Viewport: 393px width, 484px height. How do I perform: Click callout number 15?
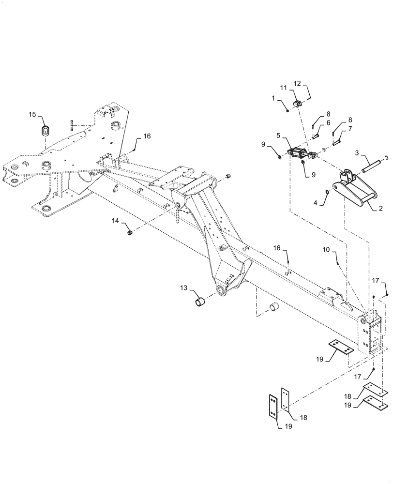pyautogui.click(x=32, y=115)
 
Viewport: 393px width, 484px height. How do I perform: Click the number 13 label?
pyautogui.click(x=184, y=288)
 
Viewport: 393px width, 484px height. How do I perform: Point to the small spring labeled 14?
pyautogui.click(x=130, y=234)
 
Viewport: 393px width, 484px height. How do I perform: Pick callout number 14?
pyautogui.click(x=115, y=221)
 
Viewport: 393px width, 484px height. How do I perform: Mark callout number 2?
pyautogui.click(x=380, y=209)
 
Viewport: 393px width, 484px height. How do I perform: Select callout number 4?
pyautogui.click(x=316, y=203)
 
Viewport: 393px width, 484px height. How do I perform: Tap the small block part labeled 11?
pyautogui.click(x=299, y=103)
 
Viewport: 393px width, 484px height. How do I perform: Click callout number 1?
pyautogui.click(x=273, y=97)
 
